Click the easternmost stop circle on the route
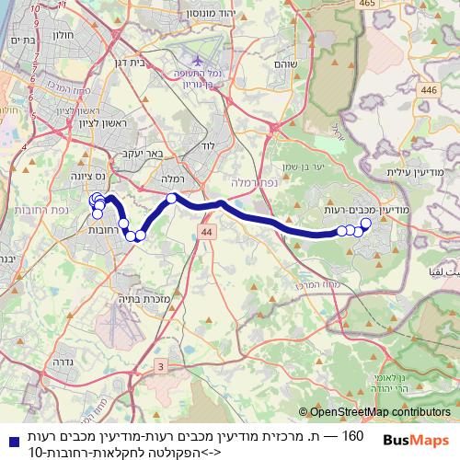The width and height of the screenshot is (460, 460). pos(365,224)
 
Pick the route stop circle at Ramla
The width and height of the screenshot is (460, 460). pos(171,198)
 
